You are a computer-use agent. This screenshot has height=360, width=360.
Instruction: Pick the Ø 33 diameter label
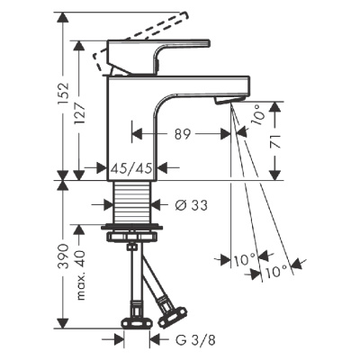pos(189,204)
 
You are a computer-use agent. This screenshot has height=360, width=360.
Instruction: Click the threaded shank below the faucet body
pos(132,199)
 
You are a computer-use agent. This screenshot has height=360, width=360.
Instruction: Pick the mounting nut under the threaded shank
pos(132,236)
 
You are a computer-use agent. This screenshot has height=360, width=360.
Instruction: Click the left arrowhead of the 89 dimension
pos(137,133)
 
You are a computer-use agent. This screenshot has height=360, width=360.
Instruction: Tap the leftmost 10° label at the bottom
pos(238,259)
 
